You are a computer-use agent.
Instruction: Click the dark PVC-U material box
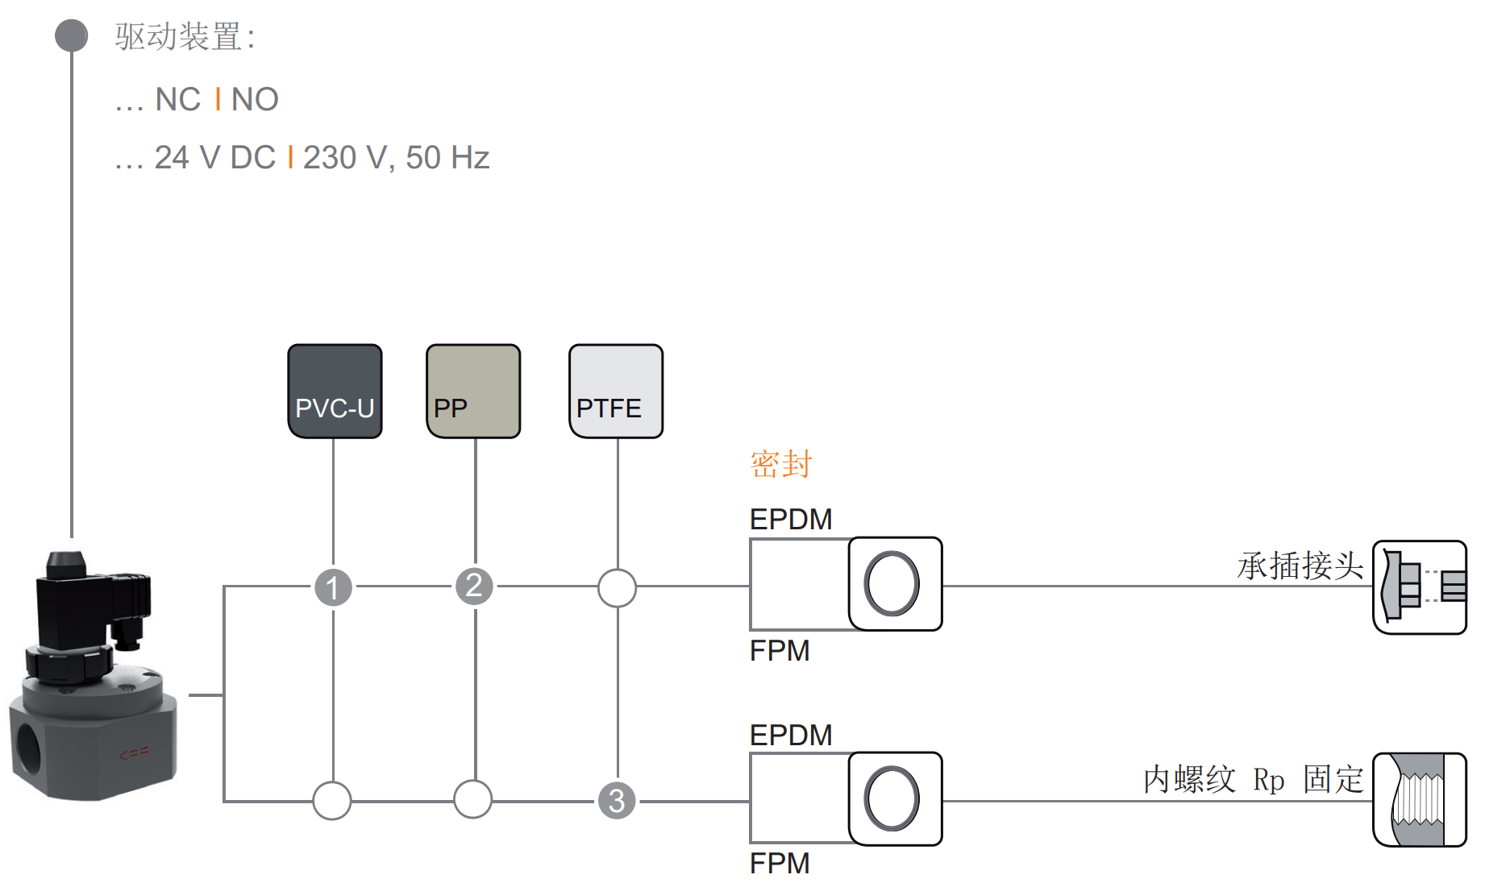coord(335,392)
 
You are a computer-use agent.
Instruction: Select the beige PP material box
coord(473,392)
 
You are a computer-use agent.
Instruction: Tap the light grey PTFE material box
coord(616,392)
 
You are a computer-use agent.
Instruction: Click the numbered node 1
coord(333,587)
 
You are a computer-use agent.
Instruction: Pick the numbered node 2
coord(475,586)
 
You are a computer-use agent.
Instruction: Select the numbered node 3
coord(617,801)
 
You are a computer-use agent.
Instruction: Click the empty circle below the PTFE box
coord(617,587)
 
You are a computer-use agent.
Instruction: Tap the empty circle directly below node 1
coord(332,801)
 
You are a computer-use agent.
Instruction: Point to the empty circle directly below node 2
coord(473,799)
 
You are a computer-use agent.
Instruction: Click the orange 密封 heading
coord(781,464)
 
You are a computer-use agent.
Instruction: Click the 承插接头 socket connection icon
coord(1420,587)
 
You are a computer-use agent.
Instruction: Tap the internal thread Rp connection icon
coord(1420,800)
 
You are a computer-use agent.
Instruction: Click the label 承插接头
coord(1300,566)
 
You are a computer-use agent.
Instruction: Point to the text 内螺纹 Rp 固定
coord(1254,780)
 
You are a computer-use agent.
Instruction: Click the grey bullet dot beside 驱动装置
coord(72,36)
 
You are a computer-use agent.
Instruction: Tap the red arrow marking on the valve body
coord(134,754)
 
